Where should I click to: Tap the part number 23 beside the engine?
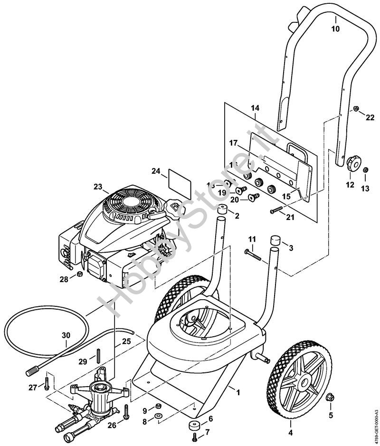(x=98, y=187)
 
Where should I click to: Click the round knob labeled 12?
(x=352, y=164)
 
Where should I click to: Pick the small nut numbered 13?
(x=366, y=171)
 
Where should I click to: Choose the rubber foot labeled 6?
(x=193, y=426)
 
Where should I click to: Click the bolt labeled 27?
(x=47, y=380)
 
